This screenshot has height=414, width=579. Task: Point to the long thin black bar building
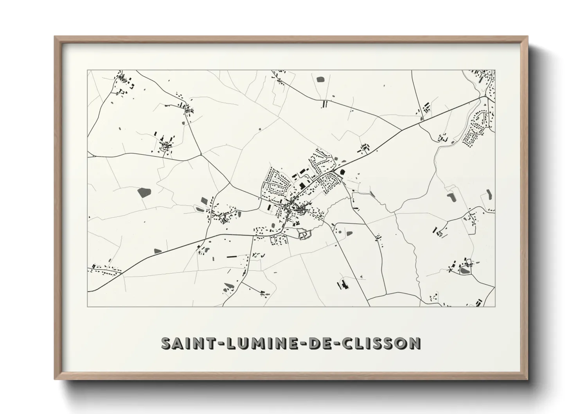(x=232, y=257)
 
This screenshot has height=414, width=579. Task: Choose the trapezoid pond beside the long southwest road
(x=158, y=250)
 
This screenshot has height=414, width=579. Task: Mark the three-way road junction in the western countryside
(x=201, y=154)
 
